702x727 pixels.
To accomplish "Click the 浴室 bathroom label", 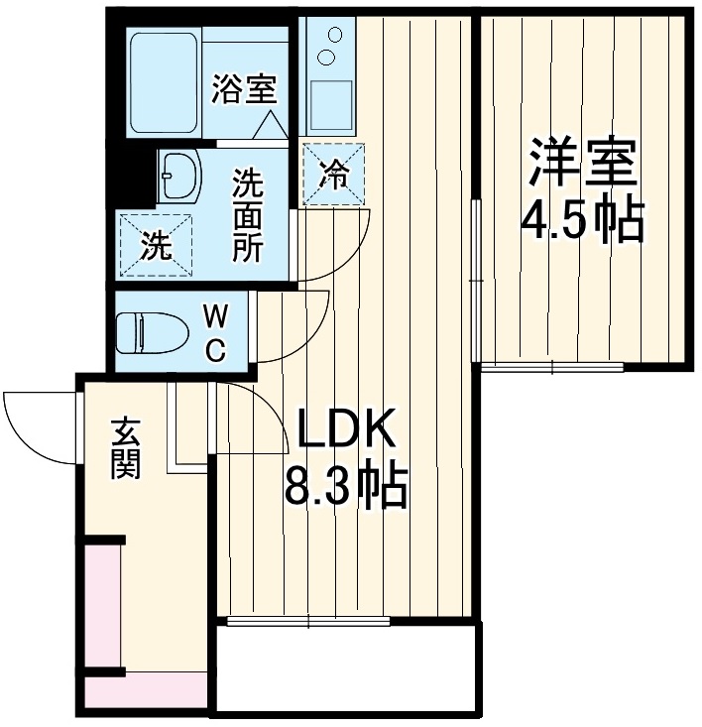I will tap(243, 89).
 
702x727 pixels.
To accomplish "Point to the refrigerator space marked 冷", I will tap(334, 175).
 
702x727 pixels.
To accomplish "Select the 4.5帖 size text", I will tap(583, 220).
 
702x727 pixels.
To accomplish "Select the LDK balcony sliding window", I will tap(308, 622).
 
